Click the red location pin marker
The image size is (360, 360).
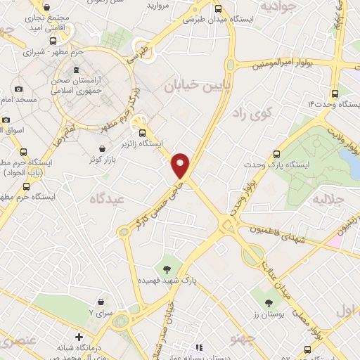(x=181, y=165)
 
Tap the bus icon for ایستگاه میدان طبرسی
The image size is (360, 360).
(x=217, y=9)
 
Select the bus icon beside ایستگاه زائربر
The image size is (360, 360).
(x=143, y=132)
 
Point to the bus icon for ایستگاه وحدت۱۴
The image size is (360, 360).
(x=335, y=94)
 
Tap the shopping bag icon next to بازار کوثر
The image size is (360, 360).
(x=104, y=149)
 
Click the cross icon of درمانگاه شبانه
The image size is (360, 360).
(x=79, y=337)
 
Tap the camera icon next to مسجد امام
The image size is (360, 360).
(x=18, y=89)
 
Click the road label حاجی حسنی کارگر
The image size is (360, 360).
(x=149, y=205)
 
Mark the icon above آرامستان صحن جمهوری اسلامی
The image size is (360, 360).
(x=77, y=69)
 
